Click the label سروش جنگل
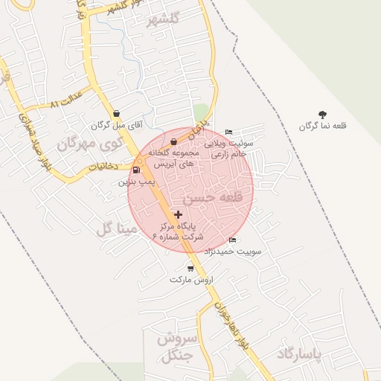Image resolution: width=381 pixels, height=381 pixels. pyautogui.click(x=176, y=347)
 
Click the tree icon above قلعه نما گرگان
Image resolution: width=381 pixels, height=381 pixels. pyautogui.click(x=322, y=115)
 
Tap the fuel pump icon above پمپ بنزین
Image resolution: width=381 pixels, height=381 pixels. pyautogui.click(x=135, y=170)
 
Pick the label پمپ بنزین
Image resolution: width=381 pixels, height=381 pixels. pyautogui.click(x=135, y=181)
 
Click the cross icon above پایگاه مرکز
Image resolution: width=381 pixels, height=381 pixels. pyautogui.click(x=178, y=214)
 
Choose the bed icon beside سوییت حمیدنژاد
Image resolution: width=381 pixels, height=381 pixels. pyautogui.click(x=233, y=240)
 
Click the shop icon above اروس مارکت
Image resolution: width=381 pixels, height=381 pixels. pyautogui.click(x=190, y=268)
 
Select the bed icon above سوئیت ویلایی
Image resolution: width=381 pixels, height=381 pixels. pyautogui.click(x=228, y=132)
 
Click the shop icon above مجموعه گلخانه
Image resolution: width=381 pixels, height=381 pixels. pyautogui.click(x=173, y=141)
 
